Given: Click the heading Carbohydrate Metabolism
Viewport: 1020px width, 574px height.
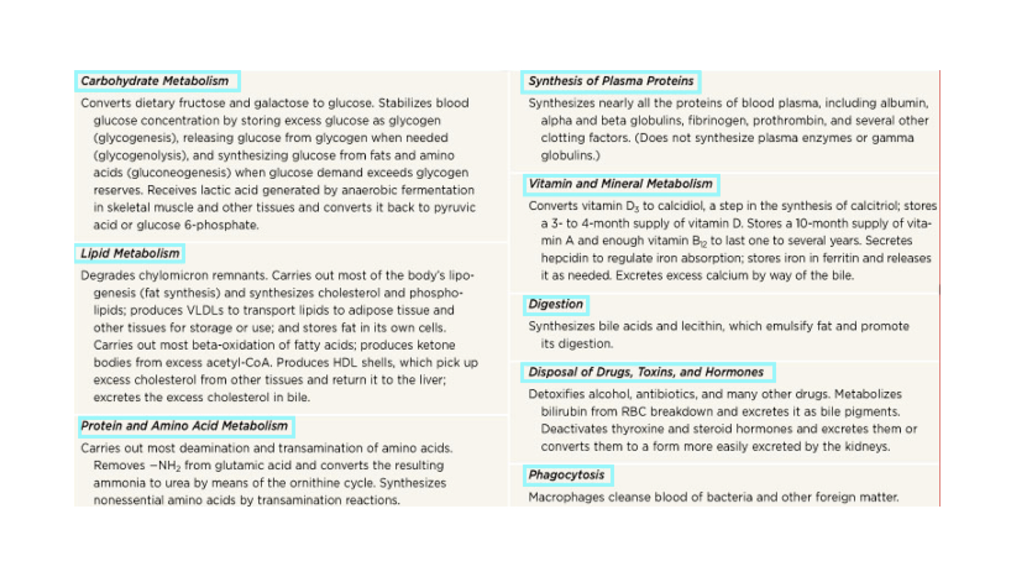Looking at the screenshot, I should coord(155,81).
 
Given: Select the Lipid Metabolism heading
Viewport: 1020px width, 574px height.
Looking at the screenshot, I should coord(130,254).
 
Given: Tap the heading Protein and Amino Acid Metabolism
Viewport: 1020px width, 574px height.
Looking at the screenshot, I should coord(184,426).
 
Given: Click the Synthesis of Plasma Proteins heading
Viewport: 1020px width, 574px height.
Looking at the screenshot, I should coord(611,81).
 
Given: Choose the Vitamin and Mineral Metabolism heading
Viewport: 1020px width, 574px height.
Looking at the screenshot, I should coord(620,184).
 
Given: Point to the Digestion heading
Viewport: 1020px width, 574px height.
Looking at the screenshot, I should coord(556,305).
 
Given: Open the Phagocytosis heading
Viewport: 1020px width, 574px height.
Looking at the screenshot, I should coord(566,475).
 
